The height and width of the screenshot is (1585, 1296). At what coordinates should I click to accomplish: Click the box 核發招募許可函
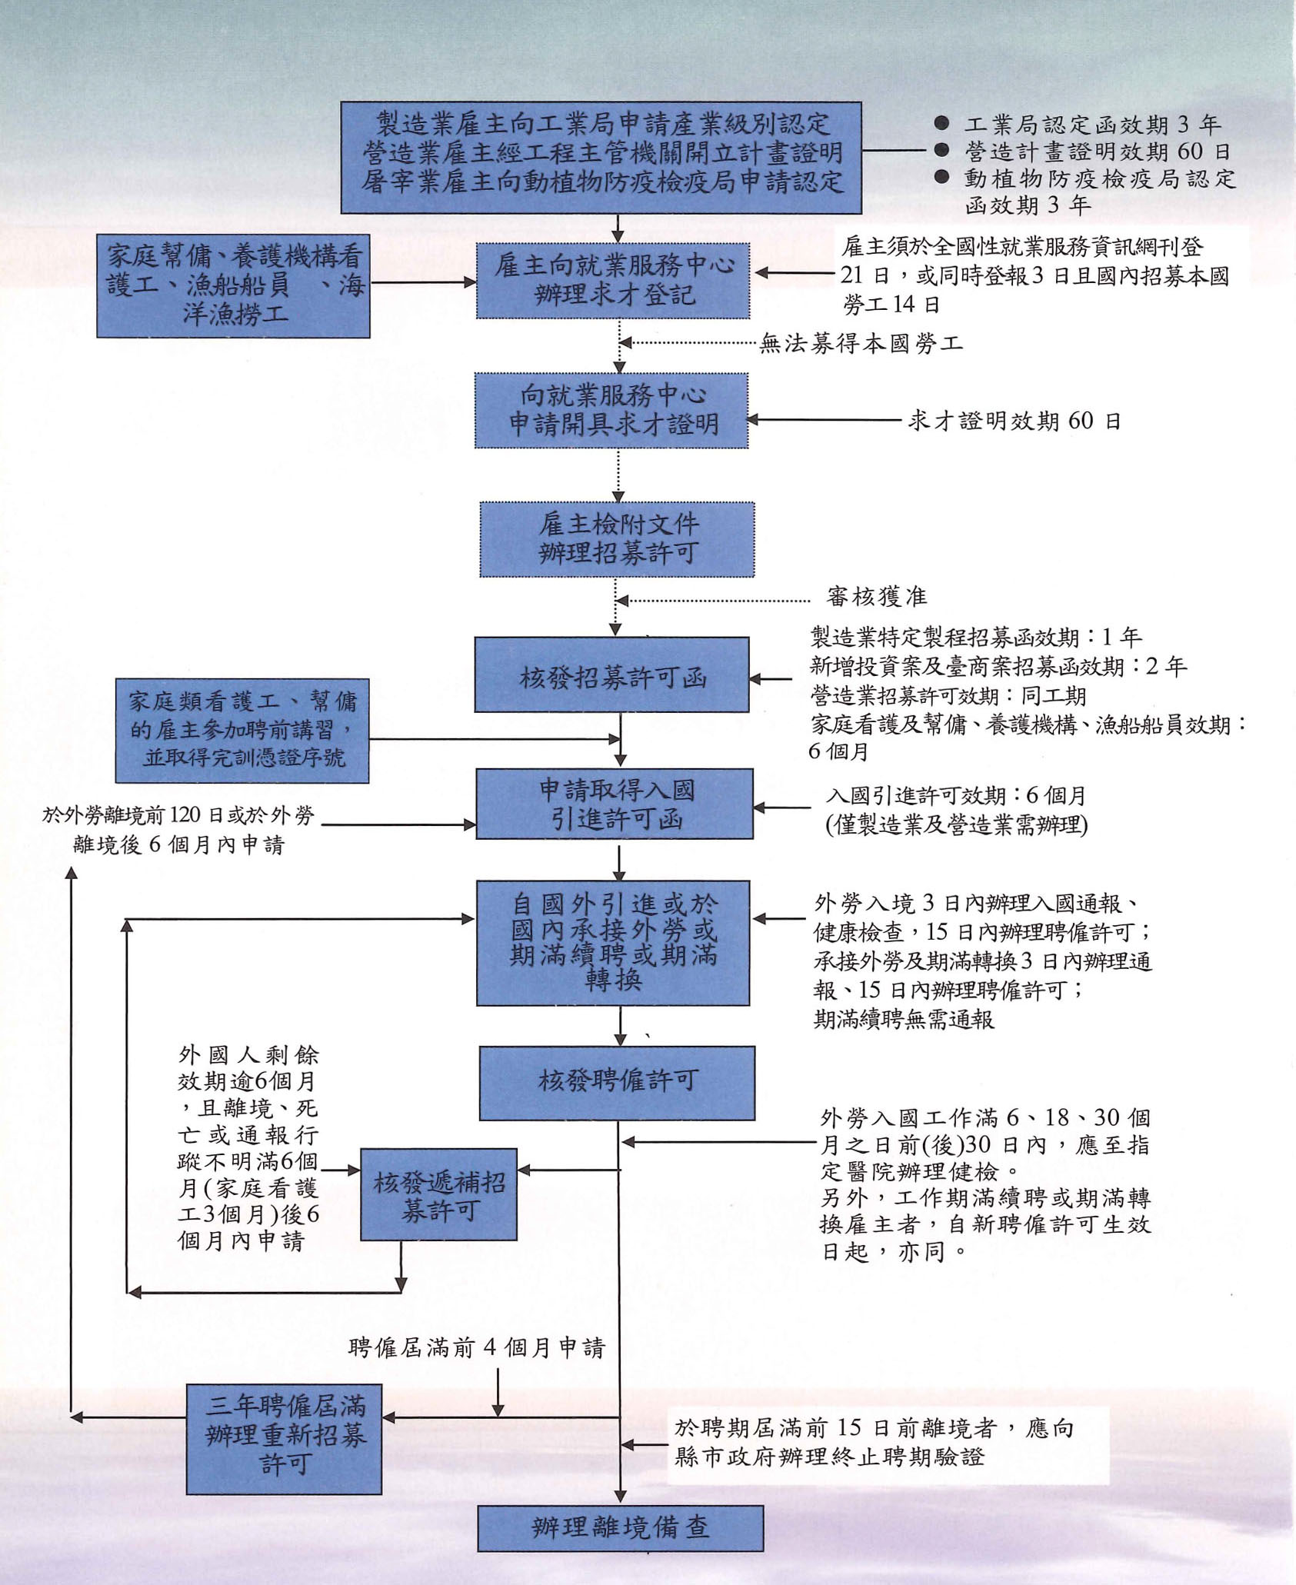click(611, 674)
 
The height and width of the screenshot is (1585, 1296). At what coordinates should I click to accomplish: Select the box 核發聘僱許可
click(617, 1082)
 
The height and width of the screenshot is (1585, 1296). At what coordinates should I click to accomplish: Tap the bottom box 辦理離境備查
click(620, 1527)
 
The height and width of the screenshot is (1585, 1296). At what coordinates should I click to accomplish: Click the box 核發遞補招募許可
click(438, 1194)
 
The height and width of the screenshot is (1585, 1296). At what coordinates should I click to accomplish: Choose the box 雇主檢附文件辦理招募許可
click(617, 539)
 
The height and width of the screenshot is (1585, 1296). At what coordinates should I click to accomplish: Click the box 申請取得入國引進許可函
click(615, 804)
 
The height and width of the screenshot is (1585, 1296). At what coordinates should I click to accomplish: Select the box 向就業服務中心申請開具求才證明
click(611, 411)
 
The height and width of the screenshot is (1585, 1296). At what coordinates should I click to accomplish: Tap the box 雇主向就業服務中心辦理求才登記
click(613, 281)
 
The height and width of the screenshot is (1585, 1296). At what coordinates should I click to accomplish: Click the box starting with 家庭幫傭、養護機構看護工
click(233, 286)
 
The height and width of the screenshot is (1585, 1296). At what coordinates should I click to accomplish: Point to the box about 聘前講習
click(242, 731)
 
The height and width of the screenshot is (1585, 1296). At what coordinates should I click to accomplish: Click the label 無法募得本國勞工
click(861, 344)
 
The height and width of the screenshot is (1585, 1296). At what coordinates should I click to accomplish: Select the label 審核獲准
click(876, 597)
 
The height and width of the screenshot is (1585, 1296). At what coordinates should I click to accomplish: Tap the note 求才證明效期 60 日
click(1014, 421)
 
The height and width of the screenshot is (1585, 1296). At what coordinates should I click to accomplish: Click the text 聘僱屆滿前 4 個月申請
click(476, 1348)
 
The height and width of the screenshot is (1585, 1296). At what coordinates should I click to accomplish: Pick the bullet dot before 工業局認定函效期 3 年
click(941, 123)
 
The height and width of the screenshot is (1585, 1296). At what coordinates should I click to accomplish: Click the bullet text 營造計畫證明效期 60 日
click(1097, 152)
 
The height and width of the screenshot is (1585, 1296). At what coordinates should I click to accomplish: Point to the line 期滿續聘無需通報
click(904, 1020)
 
